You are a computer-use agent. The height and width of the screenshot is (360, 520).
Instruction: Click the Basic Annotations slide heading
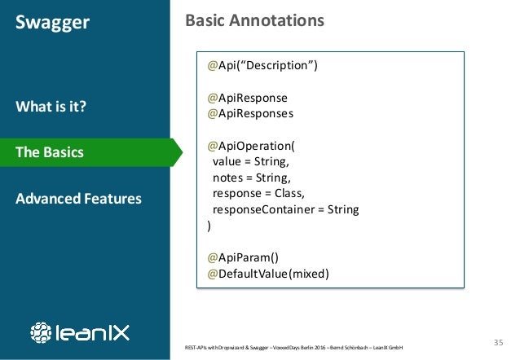254,20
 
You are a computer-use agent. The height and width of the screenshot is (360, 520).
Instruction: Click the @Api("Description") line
262,66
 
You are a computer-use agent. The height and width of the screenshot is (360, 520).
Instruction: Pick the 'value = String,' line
249,162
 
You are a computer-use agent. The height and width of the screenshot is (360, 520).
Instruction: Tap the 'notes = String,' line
250,178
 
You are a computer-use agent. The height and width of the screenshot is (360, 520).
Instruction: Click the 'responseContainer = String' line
285,209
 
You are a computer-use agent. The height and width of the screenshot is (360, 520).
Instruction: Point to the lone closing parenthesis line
209,226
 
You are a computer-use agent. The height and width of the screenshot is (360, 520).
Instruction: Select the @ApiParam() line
243,257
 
